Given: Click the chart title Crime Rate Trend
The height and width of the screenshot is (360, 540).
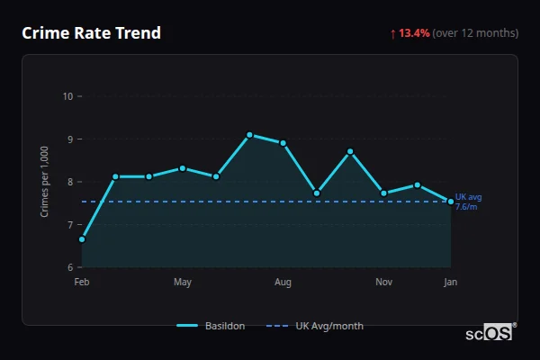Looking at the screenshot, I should pos(91,33).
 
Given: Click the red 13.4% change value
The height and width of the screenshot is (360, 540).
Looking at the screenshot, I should pos(414,33).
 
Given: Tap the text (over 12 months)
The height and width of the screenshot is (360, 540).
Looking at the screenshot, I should pos(475,33).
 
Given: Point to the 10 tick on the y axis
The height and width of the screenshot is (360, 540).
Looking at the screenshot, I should pos(67,96).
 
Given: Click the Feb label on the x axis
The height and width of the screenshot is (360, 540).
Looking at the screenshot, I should pos(82,283).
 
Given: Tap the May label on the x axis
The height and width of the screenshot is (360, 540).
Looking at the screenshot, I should pos(183,283).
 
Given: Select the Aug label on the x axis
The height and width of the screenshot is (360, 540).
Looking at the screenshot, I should pos(283,283).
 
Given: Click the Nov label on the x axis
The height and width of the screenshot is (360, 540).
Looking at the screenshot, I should pos(383,283).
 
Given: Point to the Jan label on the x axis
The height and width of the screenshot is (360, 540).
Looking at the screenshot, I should pos(450,283).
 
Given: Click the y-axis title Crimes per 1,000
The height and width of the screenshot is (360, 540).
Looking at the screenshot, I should pos(44,181).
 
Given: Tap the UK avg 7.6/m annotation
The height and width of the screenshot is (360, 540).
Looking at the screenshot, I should pos(468,202).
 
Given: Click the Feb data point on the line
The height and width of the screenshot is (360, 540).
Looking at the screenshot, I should pos(82,239).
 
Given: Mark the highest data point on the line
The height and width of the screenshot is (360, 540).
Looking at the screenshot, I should pos(249,134).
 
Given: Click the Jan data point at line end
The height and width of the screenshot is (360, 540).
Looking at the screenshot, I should pos(451,201).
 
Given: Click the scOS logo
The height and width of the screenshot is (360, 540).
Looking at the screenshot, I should pos(489,332).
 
